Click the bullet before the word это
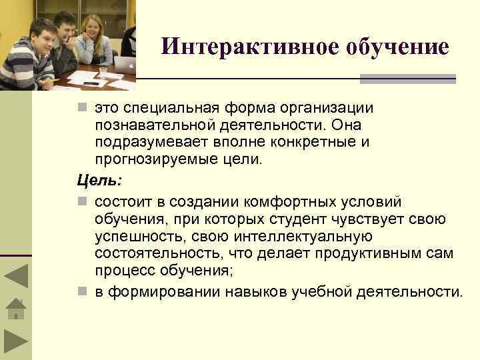click(x=81, y=107)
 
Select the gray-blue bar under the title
click(x=407, y=79)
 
